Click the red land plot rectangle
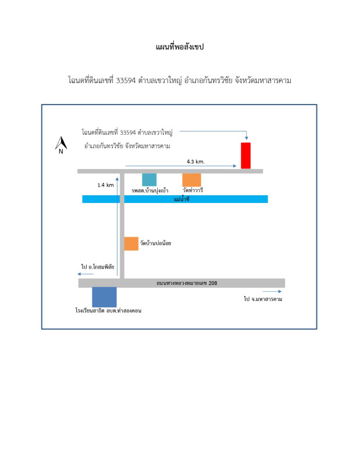(x=246, y=155)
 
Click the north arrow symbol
(x=60, y=144)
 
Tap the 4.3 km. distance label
(x=195, y=160)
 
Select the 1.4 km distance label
(x=105, y=185)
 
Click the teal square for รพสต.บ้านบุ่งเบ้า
(x=149, y=180)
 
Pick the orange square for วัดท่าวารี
(x=191, y=180)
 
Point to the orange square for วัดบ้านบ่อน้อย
(x=131, y=244)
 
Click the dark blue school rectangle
(x=105, y=297)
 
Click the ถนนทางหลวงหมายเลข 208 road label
(x=182, y=283)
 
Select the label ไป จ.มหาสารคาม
(x=267, y=299)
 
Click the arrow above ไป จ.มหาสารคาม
(x=272, y=292)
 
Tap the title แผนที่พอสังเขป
(x=180, y=47)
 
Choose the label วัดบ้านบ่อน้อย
(x=155, y=244)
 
